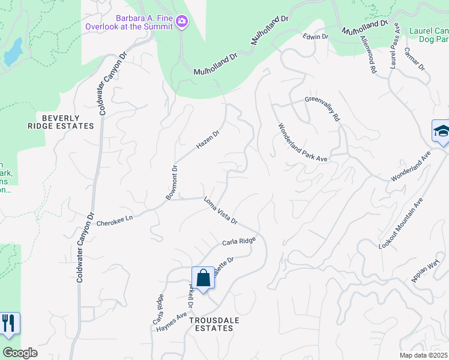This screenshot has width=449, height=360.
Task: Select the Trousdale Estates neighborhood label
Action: (214, 324)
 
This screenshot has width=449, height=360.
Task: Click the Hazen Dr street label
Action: (208, 140)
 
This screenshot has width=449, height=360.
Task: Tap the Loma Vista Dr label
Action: (221, 211)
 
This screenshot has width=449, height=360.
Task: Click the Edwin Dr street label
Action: (316, 37)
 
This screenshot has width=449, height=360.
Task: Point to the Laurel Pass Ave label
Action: (394, 47)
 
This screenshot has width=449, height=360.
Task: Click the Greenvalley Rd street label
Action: (322, 109)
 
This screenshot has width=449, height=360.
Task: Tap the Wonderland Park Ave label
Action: (303, 142)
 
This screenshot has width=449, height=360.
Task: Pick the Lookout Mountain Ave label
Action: (401, 224)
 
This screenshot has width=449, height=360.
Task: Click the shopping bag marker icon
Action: (203, 278)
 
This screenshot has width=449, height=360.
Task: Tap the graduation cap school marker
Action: (441, 131)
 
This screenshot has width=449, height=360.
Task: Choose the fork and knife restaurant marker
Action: (8, 323)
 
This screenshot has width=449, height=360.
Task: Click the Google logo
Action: (20, 352)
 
